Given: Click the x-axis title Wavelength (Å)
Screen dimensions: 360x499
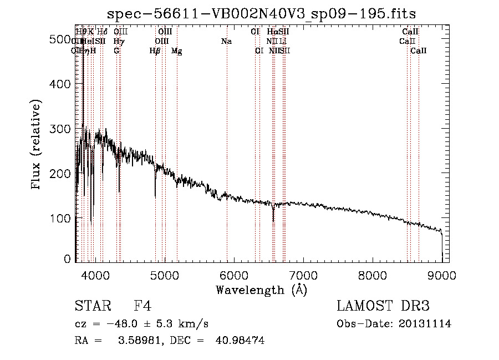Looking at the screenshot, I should click(261, 290).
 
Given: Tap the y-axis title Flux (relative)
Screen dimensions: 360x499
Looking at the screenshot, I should click(37, 145).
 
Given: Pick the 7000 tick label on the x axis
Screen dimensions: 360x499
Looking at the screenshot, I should click(303, 275).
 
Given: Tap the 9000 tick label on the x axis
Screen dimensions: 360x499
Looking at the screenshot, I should click(442, 275).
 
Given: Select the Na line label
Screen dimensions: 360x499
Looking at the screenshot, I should click(226, 41).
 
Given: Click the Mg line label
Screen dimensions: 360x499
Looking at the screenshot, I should click(176, 50).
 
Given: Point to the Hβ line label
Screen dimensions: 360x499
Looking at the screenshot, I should click(155, 50).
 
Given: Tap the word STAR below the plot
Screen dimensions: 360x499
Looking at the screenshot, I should click(90, 307).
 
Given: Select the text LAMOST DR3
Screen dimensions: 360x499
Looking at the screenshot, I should click(383, 307).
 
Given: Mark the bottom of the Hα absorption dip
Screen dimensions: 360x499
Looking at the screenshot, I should click(273, 220).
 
